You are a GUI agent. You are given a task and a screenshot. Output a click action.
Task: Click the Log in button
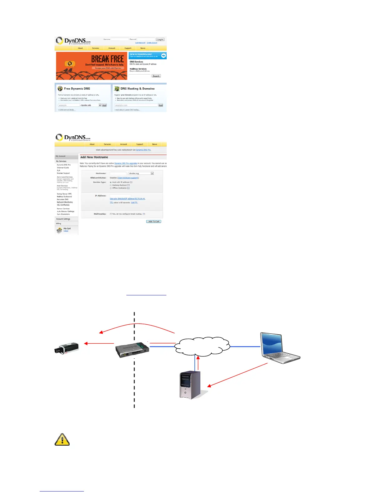(x=160, y=40)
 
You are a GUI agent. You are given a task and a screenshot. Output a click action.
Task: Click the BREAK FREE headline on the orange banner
(x=107, y=59)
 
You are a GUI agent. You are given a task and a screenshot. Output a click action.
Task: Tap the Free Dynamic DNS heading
(x=77, y=89)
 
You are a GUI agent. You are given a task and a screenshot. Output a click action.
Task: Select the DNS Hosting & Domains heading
(x=137, y=89)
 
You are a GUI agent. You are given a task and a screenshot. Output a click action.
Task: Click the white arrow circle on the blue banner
(x=164, y=56)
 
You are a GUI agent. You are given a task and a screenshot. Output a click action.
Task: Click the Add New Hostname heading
(x=94, y=157)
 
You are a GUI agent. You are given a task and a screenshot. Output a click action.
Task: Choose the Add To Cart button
(x=154, y=221)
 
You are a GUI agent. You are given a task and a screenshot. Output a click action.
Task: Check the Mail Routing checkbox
(x=111, y=214)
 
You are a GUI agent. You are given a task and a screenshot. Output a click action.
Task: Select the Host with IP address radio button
(x=111, y=182)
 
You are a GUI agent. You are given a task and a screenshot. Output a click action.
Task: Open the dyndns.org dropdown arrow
(x=152, y=173)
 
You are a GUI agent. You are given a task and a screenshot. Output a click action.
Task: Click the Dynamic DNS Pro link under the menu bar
(x=143, y=150)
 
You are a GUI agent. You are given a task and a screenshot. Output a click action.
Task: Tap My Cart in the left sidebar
(x=67, y=229)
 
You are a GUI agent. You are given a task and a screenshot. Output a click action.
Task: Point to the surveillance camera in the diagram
(x=66, y=347)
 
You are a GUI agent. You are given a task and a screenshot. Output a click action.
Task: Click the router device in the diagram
(x=132, y=349)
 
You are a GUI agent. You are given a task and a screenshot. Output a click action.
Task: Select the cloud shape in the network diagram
(x=202, y=346)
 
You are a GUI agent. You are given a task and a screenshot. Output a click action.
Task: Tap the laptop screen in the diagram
(x=272, y=344)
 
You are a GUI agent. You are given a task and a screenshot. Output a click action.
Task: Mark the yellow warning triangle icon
(x=62, y=440)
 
